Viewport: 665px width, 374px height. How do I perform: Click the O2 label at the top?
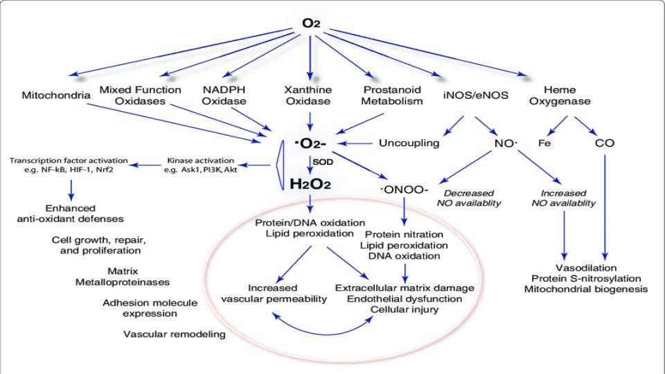tap(309, 24)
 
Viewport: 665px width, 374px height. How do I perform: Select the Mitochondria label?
tap(55, 96)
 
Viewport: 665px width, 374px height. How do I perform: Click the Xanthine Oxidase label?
tap(310, 96)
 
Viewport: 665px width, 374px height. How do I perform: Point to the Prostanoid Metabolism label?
tap(393, 96)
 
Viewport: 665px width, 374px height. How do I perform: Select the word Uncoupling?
tap(409, 143)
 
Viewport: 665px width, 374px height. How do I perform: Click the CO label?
tap(605, 143)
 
